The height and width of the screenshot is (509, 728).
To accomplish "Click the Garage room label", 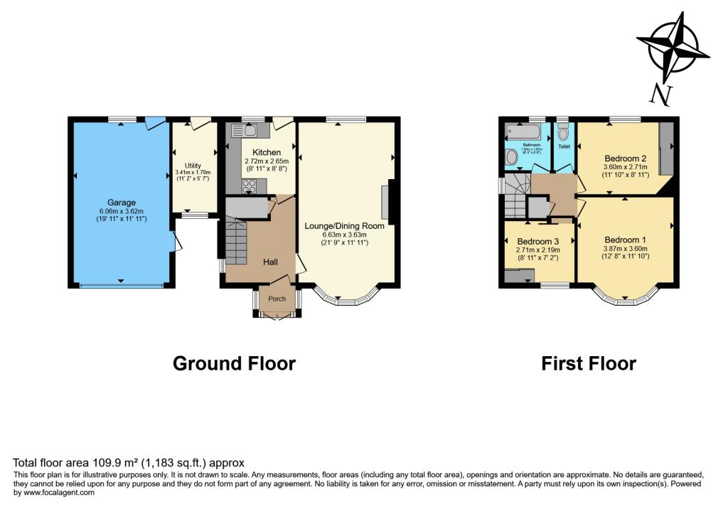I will (121, 203).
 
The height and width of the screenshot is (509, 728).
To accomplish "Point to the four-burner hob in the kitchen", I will (250, 186).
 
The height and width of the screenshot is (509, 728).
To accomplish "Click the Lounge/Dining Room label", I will (344, 226).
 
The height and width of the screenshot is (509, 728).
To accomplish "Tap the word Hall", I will (270, 262).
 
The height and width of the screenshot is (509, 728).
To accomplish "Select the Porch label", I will (276, 299).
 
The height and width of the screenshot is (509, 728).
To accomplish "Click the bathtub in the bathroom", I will (522, 131).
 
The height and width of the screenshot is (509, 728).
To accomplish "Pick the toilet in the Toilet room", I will (563, 133).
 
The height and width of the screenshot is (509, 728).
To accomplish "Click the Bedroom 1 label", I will (625, 240).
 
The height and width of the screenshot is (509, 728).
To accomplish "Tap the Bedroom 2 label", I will (625, 158).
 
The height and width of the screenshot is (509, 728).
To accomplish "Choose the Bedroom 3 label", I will (538, 241).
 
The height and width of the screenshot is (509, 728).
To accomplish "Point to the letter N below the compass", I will (662, 93).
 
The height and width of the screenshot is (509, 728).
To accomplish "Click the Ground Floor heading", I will (234, 364).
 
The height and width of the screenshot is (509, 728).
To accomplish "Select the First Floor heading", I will (589, 364).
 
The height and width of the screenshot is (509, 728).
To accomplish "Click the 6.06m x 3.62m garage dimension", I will (121, 211).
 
